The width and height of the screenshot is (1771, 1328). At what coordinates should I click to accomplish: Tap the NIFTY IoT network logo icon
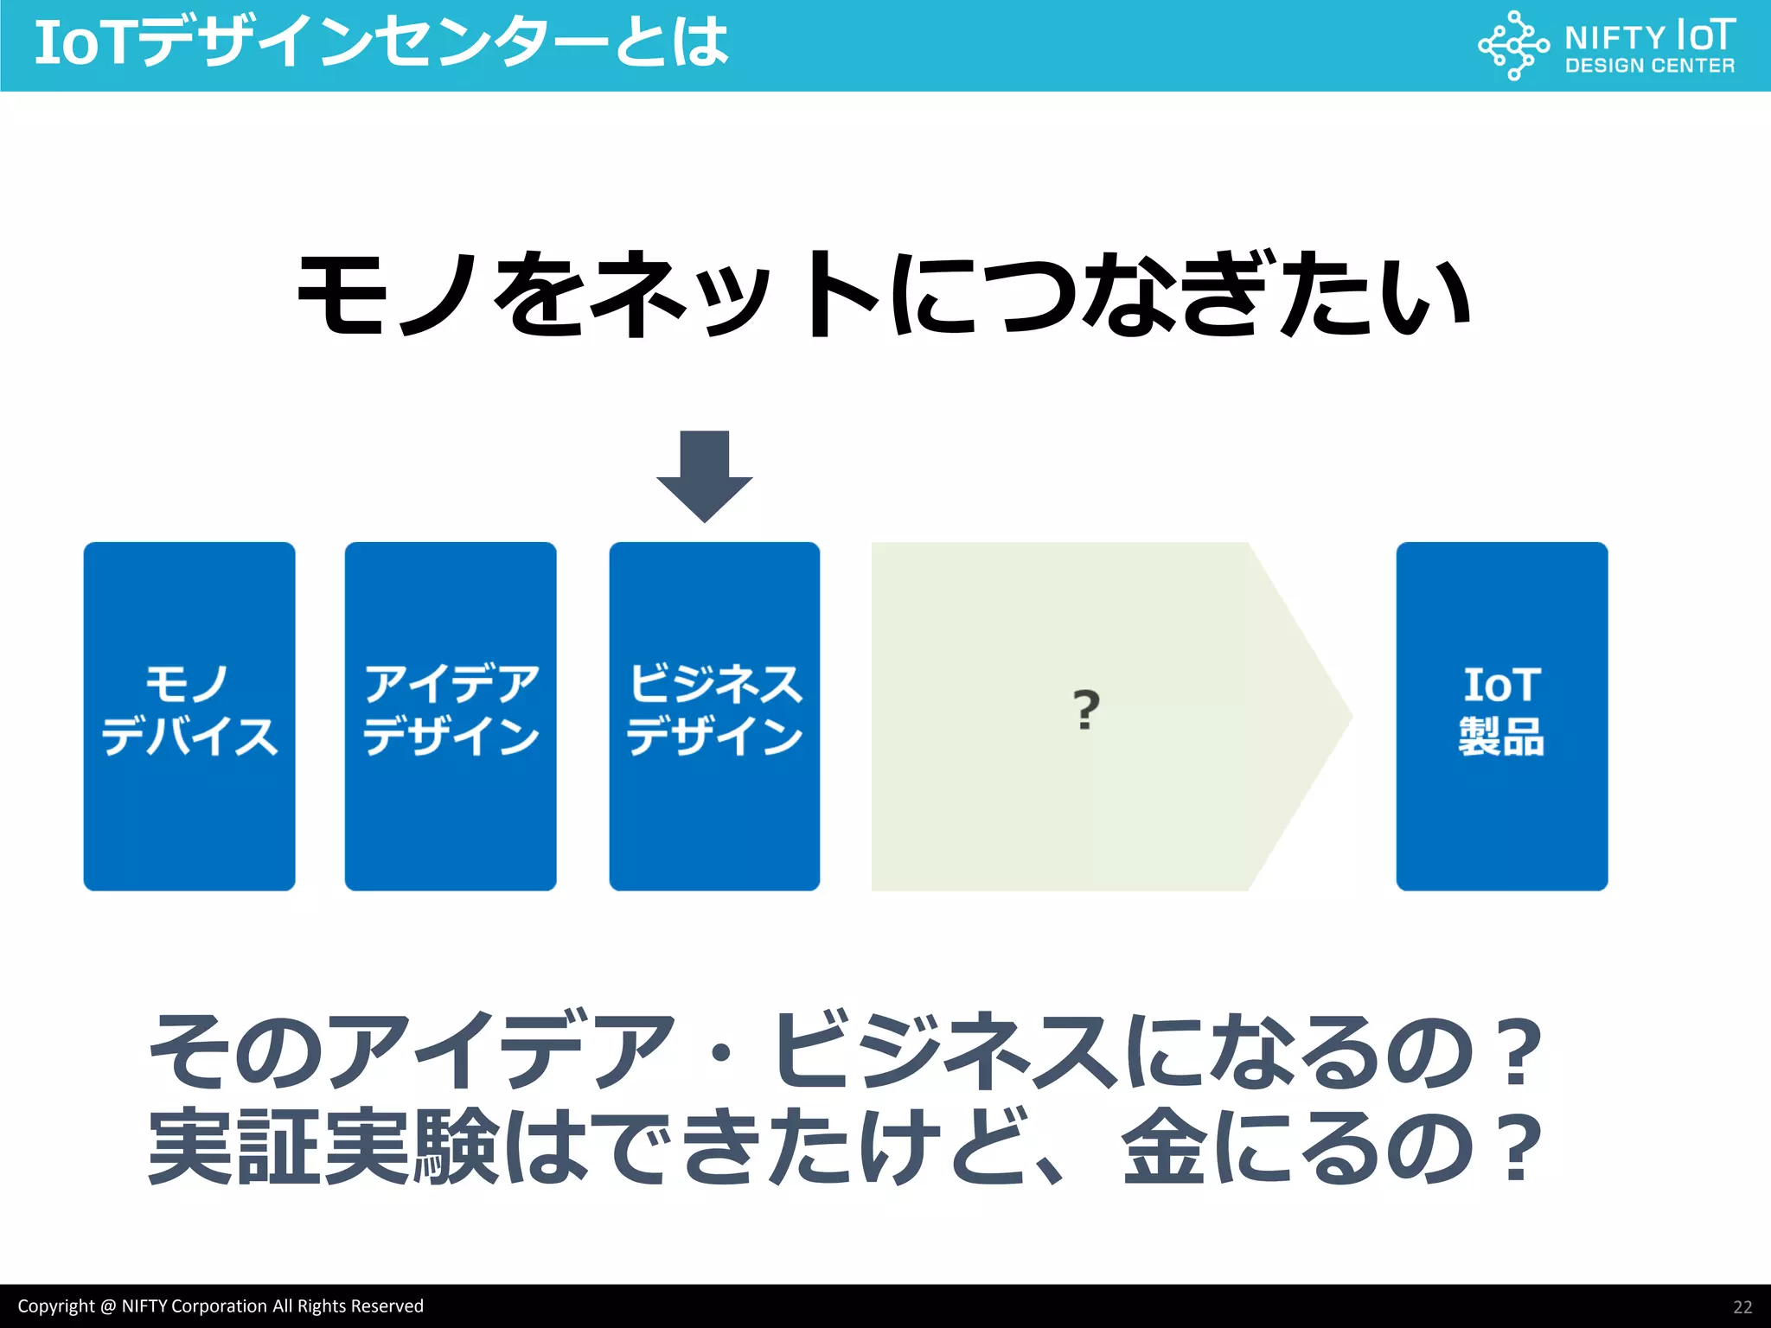click(x=1512, y=45)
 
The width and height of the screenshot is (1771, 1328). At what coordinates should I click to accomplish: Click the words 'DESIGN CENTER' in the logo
click(x=1649, y=66)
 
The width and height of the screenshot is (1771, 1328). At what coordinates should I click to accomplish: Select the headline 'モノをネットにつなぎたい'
click(x=884, y=295)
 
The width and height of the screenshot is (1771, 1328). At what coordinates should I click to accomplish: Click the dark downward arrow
click(x=704, y=475)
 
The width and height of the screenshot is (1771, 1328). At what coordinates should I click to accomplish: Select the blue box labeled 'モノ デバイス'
click(x=189, y=716)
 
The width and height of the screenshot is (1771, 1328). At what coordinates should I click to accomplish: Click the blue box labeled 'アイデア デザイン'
click(x=451, y=716)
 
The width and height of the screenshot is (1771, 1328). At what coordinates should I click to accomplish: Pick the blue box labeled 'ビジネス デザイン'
click(x=714, y=716)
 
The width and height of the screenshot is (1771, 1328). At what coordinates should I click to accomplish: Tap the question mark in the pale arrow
click(x=1086, y=710)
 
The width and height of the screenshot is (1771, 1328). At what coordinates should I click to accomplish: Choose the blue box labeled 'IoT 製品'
click(x=1501, y=716)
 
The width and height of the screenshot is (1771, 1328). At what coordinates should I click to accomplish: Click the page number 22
click(x=1742, y=1307)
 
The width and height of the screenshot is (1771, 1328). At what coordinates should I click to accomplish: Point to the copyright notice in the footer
click(x=221, y=1306)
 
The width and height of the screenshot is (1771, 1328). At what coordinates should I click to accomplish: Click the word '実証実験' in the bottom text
click(x=323, y=1147)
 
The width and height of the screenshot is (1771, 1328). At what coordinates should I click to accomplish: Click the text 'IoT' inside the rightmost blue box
click(x=1501, y=686)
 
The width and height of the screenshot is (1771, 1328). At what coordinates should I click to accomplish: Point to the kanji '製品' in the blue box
click(x=1501, y=737)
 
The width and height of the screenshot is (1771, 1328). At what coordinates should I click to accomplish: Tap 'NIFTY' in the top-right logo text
click(x=1614, y=38)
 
